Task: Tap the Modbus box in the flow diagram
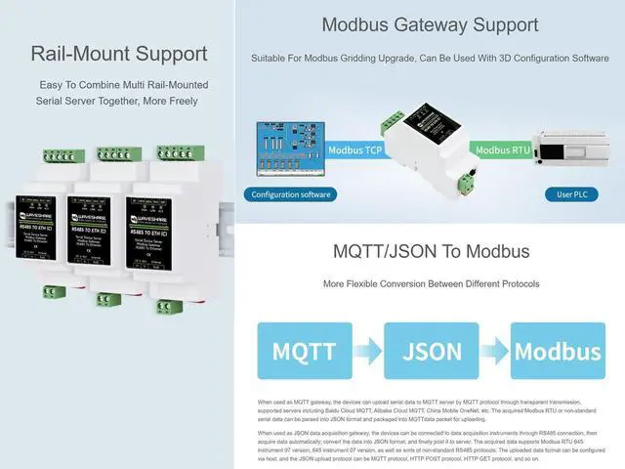(557, 351)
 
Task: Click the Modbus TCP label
(354, 150)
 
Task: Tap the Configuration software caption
(290, 194)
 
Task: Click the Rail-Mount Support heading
(118, 55)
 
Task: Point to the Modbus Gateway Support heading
(430, 24)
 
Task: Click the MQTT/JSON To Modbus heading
(431, 251)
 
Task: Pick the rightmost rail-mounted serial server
(161, 234)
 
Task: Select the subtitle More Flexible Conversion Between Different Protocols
(431, 284)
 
